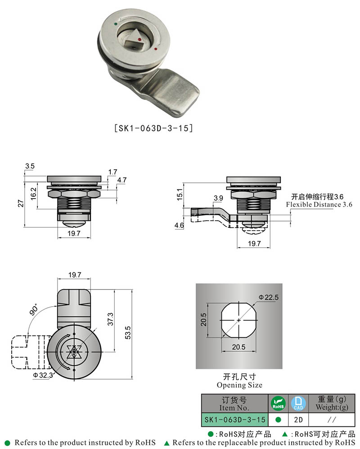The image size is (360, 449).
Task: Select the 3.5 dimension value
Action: pos(30,166)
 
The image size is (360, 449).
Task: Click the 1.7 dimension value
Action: pos(112,172)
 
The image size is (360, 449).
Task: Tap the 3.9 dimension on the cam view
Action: pos(218,198)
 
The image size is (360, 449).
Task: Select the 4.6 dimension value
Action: pos(179,225)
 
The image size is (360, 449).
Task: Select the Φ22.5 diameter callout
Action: pos(269,297)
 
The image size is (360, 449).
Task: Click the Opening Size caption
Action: pos(239,385)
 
